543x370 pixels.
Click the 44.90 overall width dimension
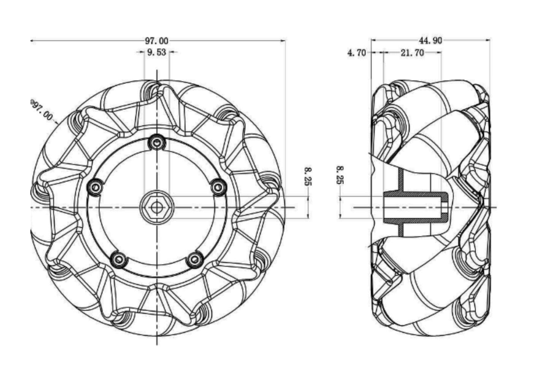point(430,40)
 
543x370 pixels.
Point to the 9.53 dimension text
point(157,52)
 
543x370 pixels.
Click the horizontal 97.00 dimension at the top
point(157,40)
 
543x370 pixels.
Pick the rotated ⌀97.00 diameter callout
point(41,110)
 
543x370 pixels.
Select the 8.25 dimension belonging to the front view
point(307,176)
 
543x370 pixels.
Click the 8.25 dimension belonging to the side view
point(340,175)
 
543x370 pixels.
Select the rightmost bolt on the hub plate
point(218,187)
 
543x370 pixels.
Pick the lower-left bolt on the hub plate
point(119,259)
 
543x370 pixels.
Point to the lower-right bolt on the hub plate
point(195,259)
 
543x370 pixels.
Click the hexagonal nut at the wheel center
point(156,207)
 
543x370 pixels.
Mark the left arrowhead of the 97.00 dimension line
point(32,40)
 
